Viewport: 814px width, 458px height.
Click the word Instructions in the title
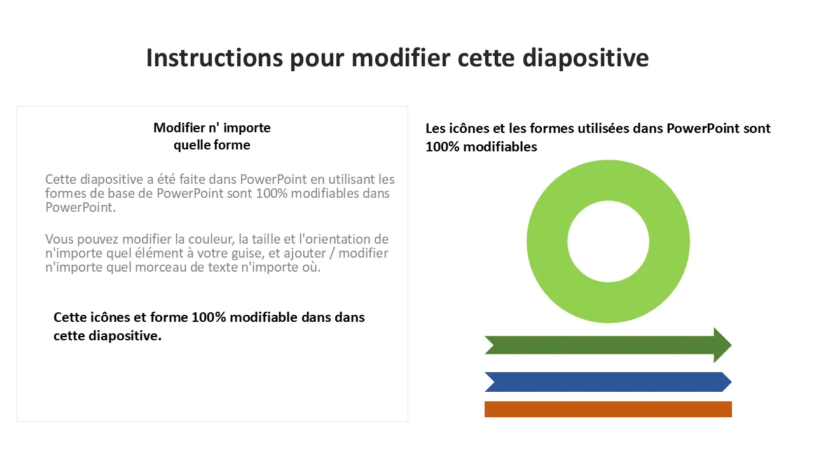pyautogui.click(x=214, y=58)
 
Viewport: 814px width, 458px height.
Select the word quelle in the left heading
pyautogui.click(x=191, y=145)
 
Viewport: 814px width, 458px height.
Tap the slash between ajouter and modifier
pyautogui.click(x=331, y=253)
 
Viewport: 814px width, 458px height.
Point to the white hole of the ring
pyautogui.click(x=609, y=241)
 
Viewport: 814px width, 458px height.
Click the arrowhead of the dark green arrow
pyautogui.click(x=722, y=345)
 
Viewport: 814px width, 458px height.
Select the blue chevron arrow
pyautogui.click(x=609, y=382)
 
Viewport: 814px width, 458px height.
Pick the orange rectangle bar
pyautogui.click(x=609, y=409)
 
